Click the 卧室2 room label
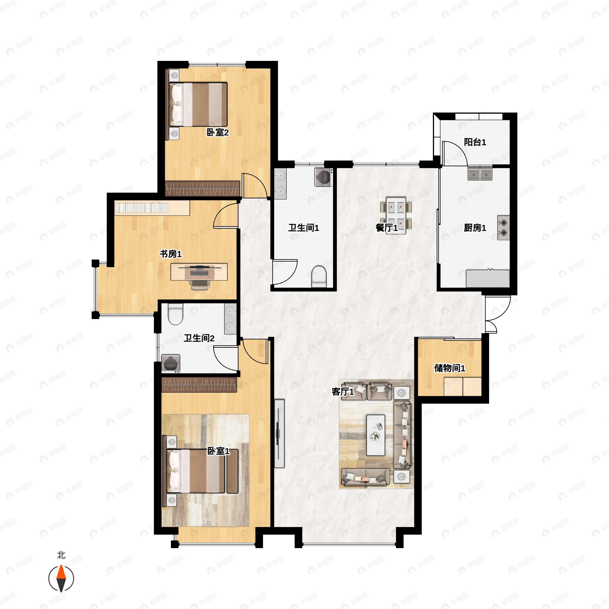click(x=217, y=132)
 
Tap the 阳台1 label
click(x=475, y=142)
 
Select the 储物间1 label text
click(x=449, y=368)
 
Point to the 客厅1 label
click(x=343, y=392)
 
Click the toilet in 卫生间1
click(x=319, y=276)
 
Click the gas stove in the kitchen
click(x=503, y=228)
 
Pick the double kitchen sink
click(x=480, y=174)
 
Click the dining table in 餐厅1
click(x=396, y=215)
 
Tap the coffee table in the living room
click(x=376, y=435)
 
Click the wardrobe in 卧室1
click(x=199, y=385)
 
